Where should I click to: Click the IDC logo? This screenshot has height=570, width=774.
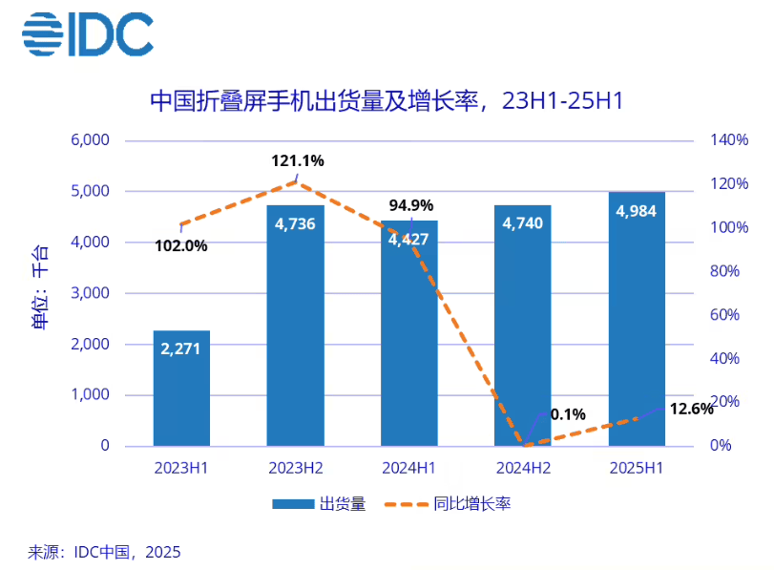click(87, 34)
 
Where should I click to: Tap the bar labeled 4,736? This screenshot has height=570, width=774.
click(295, 325)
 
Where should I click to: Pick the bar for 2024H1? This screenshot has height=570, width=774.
click(408, 334)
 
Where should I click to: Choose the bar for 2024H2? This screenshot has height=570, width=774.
click(522, 325)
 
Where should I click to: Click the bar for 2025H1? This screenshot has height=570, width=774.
click(636, 319)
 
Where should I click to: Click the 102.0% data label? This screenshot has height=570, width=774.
click(180, 245)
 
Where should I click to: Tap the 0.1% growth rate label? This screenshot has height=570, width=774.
click(568, 414)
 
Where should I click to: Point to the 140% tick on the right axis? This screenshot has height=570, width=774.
click(729, 140)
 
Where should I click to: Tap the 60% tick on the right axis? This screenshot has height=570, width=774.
click(725, 315)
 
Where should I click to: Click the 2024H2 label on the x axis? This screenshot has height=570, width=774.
click(522, 469)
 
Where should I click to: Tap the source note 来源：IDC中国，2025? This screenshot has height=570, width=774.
click(104, 552)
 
